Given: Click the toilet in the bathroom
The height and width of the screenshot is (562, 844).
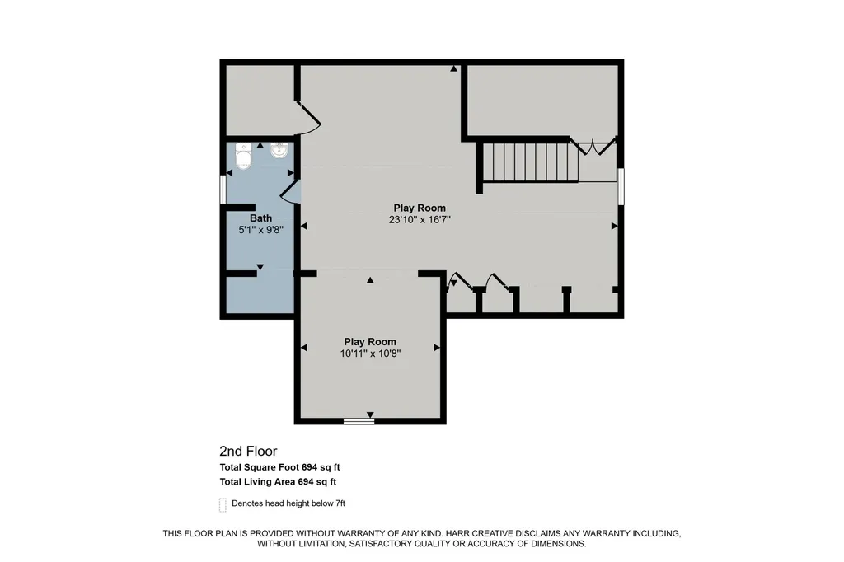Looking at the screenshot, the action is tap(243, 156).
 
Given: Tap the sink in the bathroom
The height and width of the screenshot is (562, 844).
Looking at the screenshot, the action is tap(279, 150).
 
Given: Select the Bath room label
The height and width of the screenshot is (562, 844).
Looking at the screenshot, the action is tap(260, 218).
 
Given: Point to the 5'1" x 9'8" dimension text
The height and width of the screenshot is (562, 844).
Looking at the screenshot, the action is tap(261, 230).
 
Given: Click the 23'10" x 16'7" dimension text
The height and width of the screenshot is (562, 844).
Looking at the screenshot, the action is tap(420, 220).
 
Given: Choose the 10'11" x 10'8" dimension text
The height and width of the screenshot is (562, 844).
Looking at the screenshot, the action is tap(370, 354).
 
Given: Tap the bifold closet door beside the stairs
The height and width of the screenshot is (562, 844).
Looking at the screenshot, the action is tap(593, 147).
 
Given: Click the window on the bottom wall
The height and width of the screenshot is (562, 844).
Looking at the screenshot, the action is tap(359, 421).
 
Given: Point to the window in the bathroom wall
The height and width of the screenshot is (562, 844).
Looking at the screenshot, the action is tap(223, 189).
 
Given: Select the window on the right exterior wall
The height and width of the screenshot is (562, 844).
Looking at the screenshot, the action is tap(621, 186).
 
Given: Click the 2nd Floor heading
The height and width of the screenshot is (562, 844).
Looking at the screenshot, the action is tap(248, 451).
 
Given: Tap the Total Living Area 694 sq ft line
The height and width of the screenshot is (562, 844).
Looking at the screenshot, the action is tap(278, 482).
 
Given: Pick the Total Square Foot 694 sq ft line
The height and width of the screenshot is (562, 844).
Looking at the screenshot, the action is tap(280, 467).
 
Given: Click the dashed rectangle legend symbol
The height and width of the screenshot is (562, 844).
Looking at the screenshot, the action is tap(223, 505).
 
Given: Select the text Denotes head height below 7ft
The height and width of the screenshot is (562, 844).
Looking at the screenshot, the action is tap(288, 503).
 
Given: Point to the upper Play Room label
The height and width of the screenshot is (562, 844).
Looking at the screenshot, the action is tap(420, 208).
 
